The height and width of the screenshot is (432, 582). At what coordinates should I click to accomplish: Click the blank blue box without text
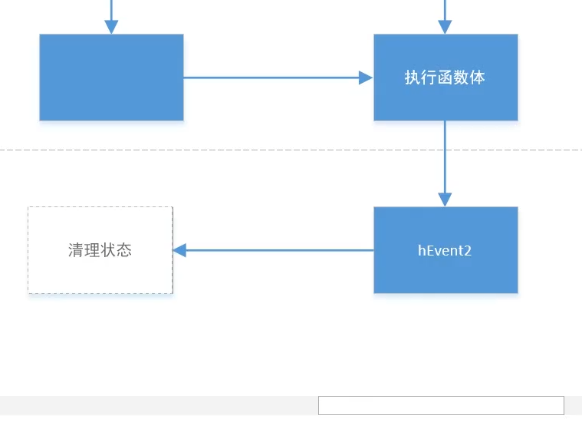[x=111, y=77]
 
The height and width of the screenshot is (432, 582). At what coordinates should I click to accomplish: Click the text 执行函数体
[x=445, y=77]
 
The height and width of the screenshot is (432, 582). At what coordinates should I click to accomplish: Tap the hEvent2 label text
[x=445, y=250]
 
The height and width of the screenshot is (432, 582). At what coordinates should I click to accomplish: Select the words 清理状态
[x=100, y=250]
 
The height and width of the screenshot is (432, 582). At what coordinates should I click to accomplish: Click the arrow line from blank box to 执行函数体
[x=268, y=77]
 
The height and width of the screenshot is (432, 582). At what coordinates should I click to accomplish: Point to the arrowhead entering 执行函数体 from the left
[x=366, y=77]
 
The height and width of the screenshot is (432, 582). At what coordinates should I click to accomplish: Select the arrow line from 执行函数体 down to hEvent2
[x=445, y=157]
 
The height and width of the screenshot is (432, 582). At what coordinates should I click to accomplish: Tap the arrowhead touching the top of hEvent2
[x=445, y=200]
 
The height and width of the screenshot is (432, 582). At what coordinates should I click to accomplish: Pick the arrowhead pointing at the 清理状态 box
[x=180, y=250]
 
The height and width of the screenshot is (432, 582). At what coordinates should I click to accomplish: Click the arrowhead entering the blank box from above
[x=111, y=27]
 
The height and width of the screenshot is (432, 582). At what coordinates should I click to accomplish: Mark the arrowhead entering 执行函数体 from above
[x=445, y=27]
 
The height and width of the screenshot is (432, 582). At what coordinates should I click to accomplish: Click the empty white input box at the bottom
[x=441, y=405]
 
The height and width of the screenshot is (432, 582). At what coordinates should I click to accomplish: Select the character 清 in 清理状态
[x=76, y=250]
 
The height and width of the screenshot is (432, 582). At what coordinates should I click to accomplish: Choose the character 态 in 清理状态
[x=124, y=250]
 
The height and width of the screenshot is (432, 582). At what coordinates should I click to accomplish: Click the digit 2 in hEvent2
[x=468, y=250]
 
